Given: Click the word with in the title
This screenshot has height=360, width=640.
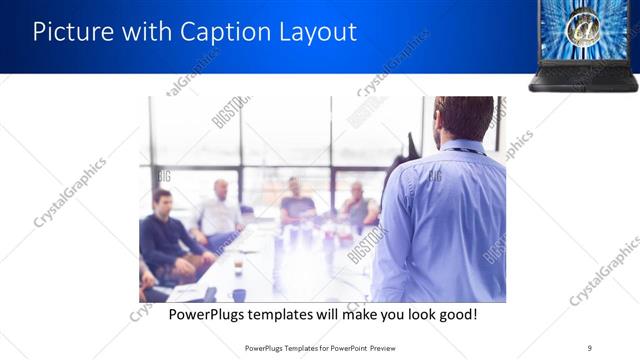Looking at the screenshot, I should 149,32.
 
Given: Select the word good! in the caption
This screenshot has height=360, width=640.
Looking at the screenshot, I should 455,315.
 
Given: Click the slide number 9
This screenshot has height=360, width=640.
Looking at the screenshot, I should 589,347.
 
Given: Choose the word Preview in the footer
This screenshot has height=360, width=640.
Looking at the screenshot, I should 382,347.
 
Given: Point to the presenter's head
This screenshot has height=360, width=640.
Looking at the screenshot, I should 464,117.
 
